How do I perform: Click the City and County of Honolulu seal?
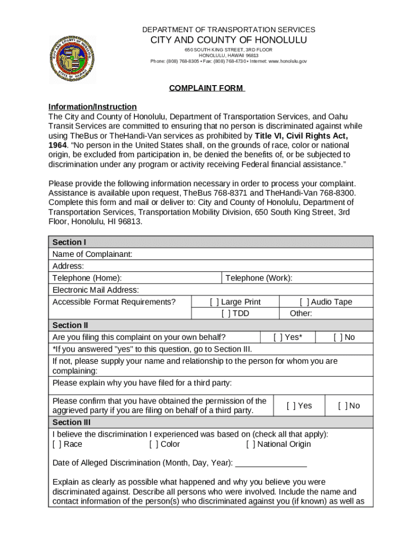pyautogui.click(x=72, y=58)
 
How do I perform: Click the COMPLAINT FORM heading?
pyautogui.click(x=207, y=88)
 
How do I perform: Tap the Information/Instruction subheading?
pyautogui.click(x=93, y=106)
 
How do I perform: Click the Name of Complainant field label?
pyautogui.click(x=93, y=254)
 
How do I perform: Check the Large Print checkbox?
pyautogui.click(x=215, y=302)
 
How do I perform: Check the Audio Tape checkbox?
pyautogui.click(x=304, y=302)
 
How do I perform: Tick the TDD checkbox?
pyautogui.click(x=226, y=314)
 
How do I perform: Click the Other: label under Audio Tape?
pyautogui.click(x=301, y=314)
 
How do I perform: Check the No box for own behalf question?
pyautogui.click(x=338, y=337)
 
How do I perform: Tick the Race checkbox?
pyautogui.click(x=57, y=444)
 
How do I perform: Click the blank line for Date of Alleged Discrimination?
pyautogui.click(x=271, y=463)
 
